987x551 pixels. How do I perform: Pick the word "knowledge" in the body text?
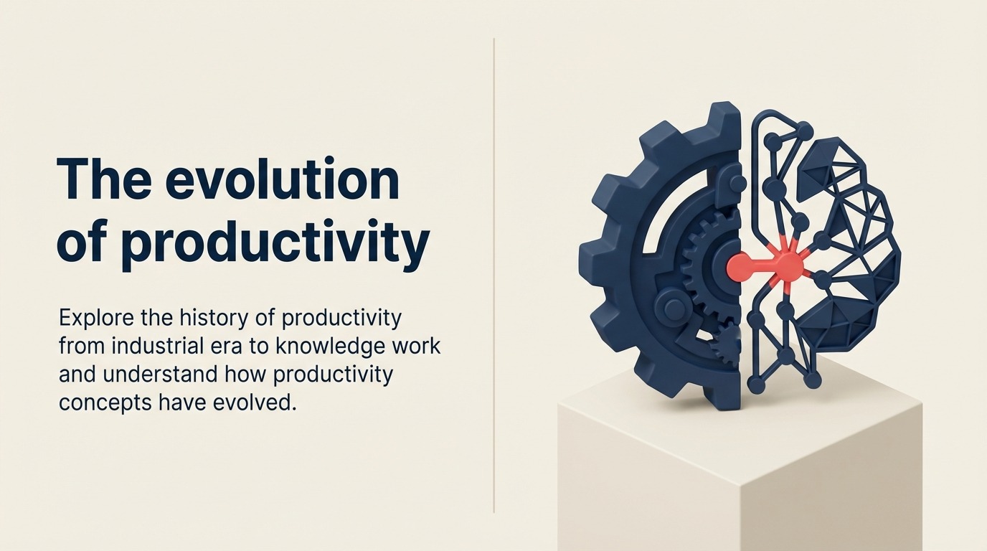(336, 346)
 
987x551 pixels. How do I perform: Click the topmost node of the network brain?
(803, 130)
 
